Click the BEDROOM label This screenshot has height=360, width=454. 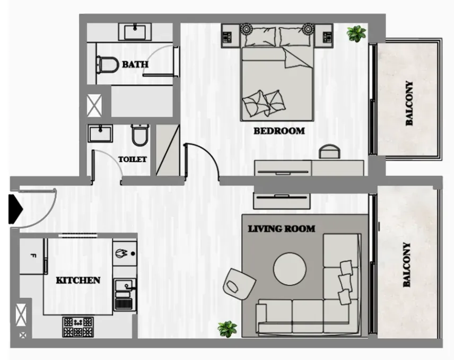point(279,131)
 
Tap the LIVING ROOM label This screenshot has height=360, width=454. point(282,229)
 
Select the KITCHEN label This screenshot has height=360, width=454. point(78,280)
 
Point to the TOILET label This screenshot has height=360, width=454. point(132,159)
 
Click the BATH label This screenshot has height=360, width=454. point(135,64)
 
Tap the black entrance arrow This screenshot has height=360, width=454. point(15,209)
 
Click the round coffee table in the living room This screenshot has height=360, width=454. point(290,269)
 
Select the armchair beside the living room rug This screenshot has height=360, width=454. point(239,284)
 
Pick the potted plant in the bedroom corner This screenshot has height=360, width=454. point(356,33)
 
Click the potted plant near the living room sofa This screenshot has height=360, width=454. point(228,329)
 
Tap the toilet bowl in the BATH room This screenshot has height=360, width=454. point(108,65)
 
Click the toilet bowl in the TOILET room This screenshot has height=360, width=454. point(140,135)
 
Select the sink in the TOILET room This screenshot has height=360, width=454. point(100,134)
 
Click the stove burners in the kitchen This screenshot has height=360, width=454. point(78,327)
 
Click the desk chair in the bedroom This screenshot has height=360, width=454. point(329,151)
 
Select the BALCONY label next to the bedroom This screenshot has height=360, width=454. point(409,103)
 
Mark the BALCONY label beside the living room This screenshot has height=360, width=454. point(407,265)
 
